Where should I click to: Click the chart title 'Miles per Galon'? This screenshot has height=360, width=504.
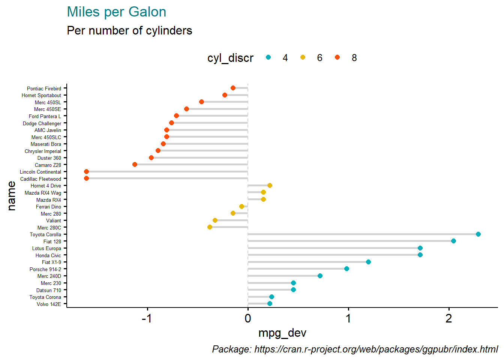click(116, 12)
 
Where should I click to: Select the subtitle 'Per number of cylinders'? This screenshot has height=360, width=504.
click(129, 30)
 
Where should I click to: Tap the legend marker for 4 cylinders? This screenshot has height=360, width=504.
click(268, 57)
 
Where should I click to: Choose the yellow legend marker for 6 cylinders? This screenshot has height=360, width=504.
click(303, 57)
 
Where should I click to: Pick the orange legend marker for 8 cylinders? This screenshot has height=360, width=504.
click(337, 57)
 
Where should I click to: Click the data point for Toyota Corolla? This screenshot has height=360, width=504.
click(478, 234)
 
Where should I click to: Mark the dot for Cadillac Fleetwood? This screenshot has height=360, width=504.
click(86, 178)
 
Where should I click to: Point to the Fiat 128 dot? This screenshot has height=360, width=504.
click(453, 241)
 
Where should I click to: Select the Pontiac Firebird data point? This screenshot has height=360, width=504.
click(233, 88)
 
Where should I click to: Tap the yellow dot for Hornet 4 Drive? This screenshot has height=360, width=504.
click(270, 186)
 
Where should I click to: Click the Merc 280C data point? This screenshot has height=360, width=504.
click(210, 227)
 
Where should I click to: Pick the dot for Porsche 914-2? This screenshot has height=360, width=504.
click(346, 269)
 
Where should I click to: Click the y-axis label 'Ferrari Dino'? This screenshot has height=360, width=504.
click(48, 207)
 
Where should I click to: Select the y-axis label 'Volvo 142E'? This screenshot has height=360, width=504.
click(49, 304)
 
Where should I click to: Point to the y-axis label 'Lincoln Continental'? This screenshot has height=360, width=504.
click(40, 172)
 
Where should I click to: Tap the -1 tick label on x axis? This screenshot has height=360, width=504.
click(147, 319)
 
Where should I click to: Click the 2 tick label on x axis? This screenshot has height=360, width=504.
click(448, 319)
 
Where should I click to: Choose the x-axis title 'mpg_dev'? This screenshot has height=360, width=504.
click(282, 333)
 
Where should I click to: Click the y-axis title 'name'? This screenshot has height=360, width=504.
click(12, 196)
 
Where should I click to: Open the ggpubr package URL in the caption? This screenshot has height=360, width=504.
click(376, 349)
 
